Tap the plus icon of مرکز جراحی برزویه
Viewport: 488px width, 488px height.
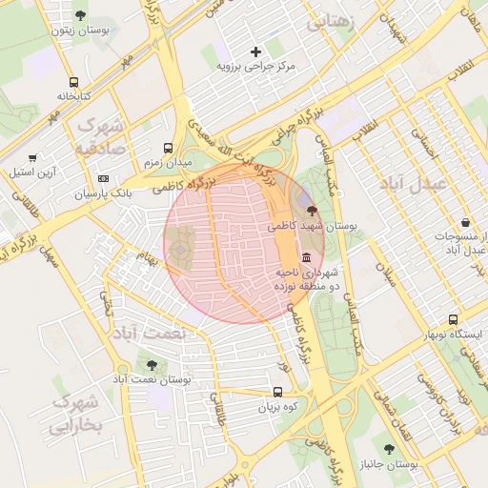[254, 51]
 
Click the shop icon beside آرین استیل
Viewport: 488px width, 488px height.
[32, 157]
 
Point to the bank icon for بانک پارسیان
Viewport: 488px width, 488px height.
[103, 178]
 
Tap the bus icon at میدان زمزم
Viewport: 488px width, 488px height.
[168, 148]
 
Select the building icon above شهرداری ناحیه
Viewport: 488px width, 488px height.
[305, 258]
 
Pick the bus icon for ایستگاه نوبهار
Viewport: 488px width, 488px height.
[453, 320]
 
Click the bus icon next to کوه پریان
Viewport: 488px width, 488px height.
[277, 391]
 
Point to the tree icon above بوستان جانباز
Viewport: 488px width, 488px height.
[388, 448]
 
